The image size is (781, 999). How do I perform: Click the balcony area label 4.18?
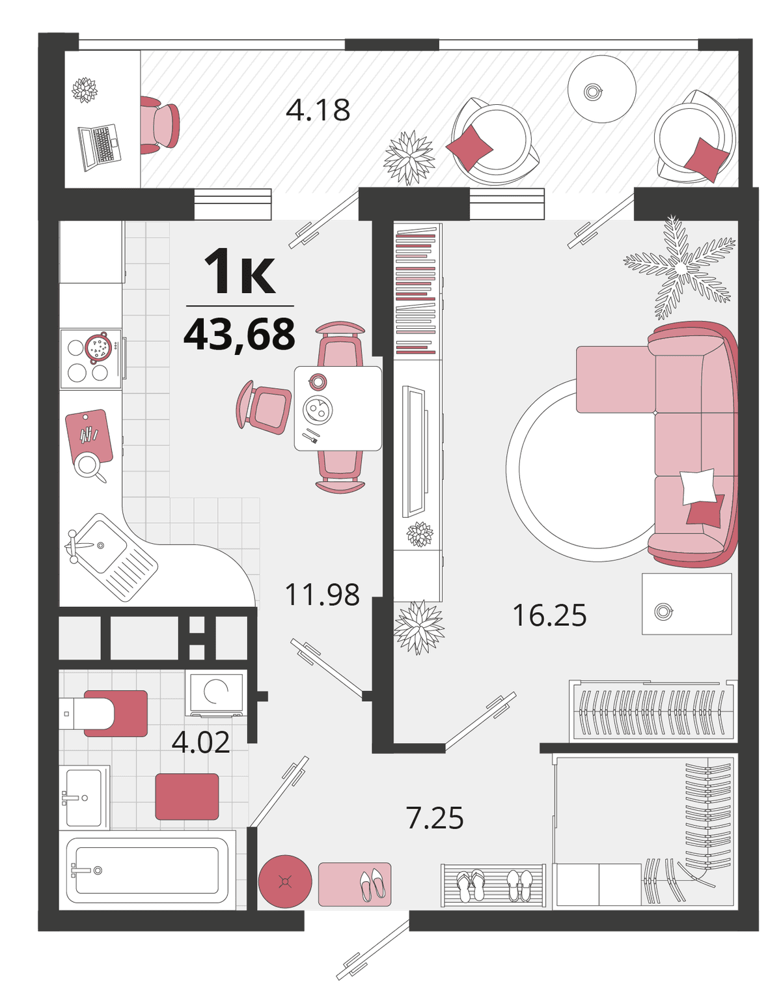tap(318, 110)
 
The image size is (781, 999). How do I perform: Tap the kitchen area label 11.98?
tap(322, 595)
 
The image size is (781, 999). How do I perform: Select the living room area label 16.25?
tap(549, 615)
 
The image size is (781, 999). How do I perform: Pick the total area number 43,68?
tap(239, 334)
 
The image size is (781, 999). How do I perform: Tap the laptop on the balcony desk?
tap(99, 147)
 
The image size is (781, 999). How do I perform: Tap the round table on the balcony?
tap(602, 89)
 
